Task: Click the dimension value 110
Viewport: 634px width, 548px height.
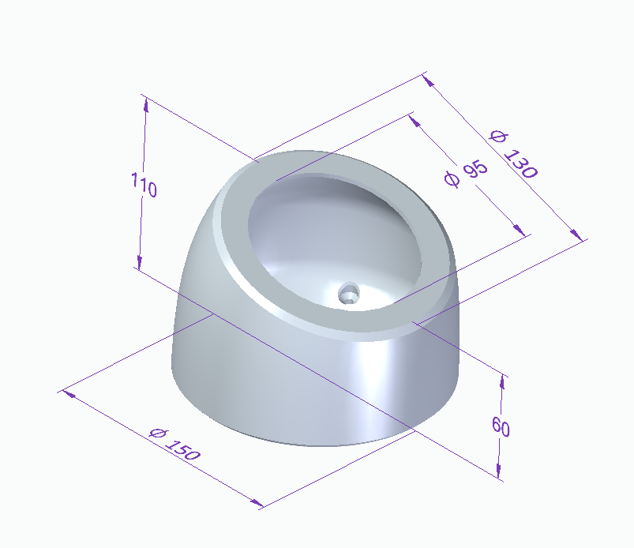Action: pyautogui.click(x=144, y=187)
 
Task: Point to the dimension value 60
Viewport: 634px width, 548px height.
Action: pyautogui.click(x=501, y=427)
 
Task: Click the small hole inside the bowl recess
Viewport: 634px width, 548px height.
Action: pyautogui.click(x=348, y=294)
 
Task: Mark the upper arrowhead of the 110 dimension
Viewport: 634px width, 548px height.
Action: pyautogui.click(x=145, y=101)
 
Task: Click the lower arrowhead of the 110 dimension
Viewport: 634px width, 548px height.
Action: pyautogui.click(x=139, y=263)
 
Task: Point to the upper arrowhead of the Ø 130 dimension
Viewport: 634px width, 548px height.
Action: pyautogui.click(x=427, y=78)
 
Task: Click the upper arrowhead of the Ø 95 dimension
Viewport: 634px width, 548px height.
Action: pyautogui.click(x=415, y=119)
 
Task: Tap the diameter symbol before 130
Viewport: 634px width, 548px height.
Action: pyautogui.click(x=497, y=136)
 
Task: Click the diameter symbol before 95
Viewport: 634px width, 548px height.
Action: pyautogui.click(x=452, y=179)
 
